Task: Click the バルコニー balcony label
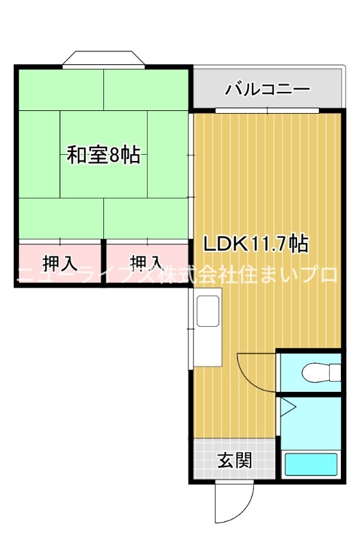point(268,89)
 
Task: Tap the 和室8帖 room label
point(103,155)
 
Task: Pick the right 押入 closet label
point(146,262)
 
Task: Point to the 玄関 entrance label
point(235,460)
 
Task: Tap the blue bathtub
point(311,464)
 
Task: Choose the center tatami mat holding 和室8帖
point(103,155)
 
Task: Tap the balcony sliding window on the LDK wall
point(268,110)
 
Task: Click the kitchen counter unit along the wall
point(207,328)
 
